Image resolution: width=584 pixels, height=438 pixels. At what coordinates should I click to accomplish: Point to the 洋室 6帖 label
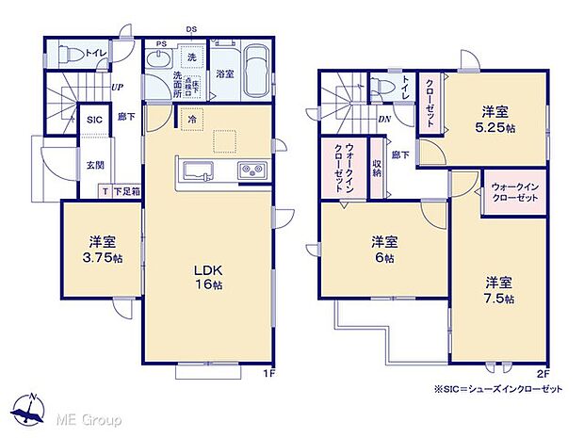point(381,249)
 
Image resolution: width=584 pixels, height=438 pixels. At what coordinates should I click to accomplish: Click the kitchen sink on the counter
point(199,171)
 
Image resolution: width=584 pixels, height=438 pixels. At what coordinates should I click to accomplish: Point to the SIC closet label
point(94,120)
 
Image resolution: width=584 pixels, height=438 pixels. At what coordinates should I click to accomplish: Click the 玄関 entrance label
point(97,164)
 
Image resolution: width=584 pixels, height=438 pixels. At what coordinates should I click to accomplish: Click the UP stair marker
point(117,88)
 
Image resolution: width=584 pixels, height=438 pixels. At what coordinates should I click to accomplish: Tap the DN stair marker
point(385,119)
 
